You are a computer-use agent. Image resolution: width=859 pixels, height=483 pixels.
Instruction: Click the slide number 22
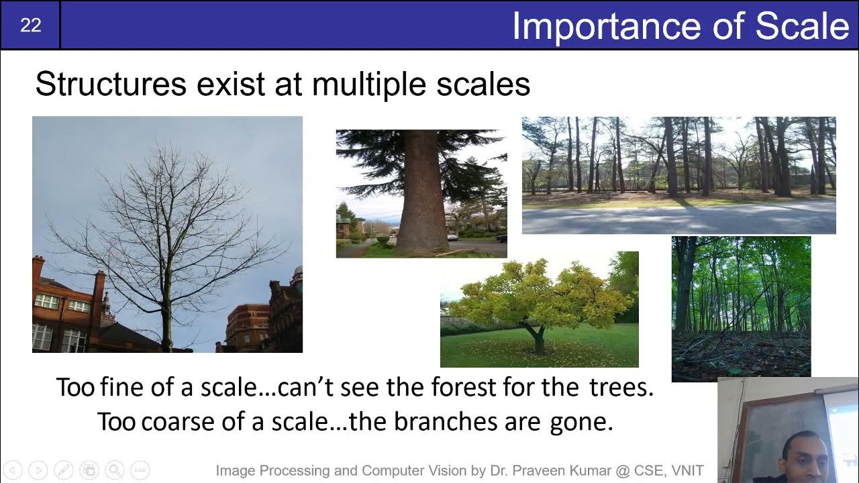[31, 25]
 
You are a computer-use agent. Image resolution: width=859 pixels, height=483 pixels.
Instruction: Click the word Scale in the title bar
[802, 25]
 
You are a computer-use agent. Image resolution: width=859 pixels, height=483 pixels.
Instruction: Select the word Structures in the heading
[111, 84]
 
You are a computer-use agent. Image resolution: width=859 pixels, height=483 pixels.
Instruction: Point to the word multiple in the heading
[369, 85]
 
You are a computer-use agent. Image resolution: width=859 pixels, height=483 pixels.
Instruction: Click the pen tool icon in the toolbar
[64, 470]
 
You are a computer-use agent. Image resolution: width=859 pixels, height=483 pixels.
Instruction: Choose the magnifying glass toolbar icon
[115, 470]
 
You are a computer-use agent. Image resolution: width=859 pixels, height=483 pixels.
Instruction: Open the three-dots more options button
[140, 470]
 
